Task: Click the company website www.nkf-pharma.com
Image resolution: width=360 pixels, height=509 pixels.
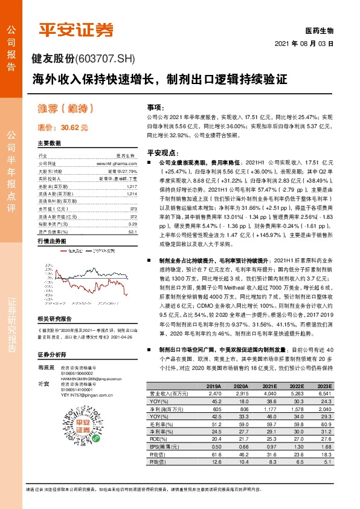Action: pos(116,163)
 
